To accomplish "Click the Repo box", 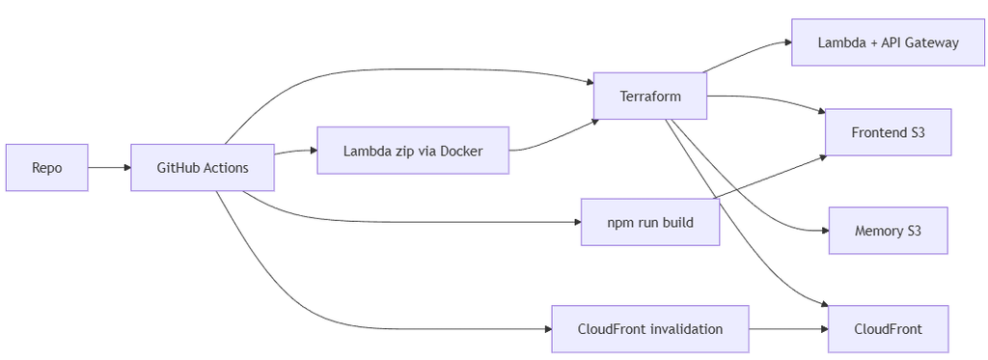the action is pos(47,168).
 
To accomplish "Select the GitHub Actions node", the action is pos(203,168).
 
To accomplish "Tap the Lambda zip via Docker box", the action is pos(413,151).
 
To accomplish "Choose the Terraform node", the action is pos(650,96).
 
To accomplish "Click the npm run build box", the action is pos(650,222).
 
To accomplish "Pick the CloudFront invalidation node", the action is pos(650,329).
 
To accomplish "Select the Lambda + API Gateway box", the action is pos(888,42).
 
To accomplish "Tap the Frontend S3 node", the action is pos(888,132).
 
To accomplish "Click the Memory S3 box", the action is pos(888,231).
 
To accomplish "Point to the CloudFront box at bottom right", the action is pos(888,329).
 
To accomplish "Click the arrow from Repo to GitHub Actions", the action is pos(110,168).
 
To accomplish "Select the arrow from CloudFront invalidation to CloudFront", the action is pos(788,329).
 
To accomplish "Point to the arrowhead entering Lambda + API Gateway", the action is pos(787,42).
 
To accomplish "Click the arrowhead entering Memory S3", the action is pos(825,231).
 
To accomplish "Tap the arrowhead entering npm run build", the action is pos(577,222).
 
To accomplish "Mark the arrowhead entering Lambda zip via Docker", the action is pos(314,151).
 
